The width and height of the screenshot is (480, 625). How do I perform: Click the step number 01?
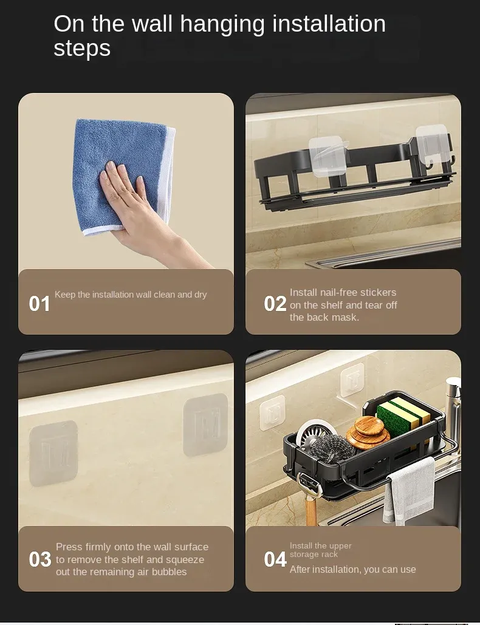tap(39, 304)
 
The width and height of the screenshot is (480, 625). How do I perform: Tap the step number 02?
tap(275, 304)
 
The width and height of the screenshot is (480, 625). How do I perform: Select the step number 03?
tap(40, 559)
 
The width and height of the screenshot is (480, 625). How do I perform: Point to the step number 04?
tap(275, 559)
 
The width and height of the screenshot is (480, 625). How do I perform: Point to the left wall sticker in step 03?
tap(53, 453)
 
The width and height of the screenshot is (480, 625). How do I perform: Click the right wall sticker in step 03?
tap(205, 425)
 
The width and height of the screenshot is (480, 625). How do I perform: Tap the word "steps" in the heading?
tap(82, 49)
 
